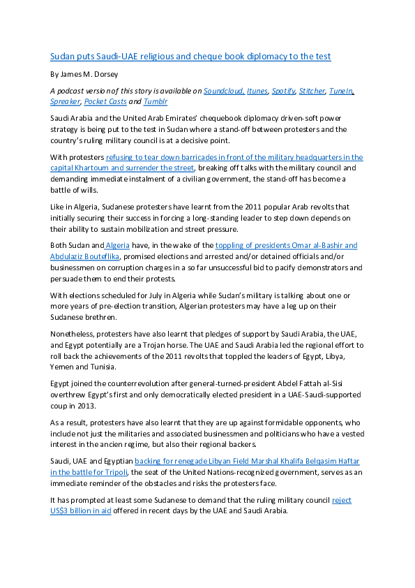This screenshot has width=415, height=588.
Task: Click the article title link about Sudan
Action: tap(190, 57)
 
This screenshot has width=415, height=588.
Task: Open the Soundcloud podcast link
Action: tap(224, 91)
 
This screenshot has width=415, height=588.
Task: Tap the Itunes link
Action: tap(257, 91)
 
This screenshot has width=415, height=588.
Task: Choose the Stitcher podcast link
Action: tap(312, 91)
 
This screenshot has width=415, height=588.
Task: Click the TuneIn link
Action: tap(341, 91)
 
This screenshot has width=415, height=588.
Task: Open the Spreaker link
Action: tap(65, 102)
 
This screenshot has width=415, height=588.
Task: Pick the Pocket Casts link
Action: tap(105, 102)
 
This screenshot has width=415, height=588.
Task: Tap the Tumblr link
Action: tap(156, 102)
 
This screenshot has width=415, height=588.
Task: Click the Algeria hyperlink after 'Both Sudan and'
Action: tap(118, 246)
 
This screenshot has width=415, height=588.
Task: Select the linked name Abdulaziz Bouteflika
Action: tap(84, 256)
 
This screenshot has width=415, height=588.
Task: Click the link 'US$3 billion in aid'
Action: tap(80, 510)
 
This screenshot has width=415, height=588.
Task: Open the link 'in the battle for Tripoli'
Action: tap(89, 472)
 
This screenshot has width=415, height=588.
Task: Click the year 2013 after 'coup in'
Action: tap(86, 406)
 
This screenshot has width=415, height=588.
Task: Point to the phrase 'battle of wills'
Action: tap(74, 190)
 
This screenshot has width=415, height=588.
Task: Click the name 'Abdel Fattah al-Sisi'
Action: tap(310, 383)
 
